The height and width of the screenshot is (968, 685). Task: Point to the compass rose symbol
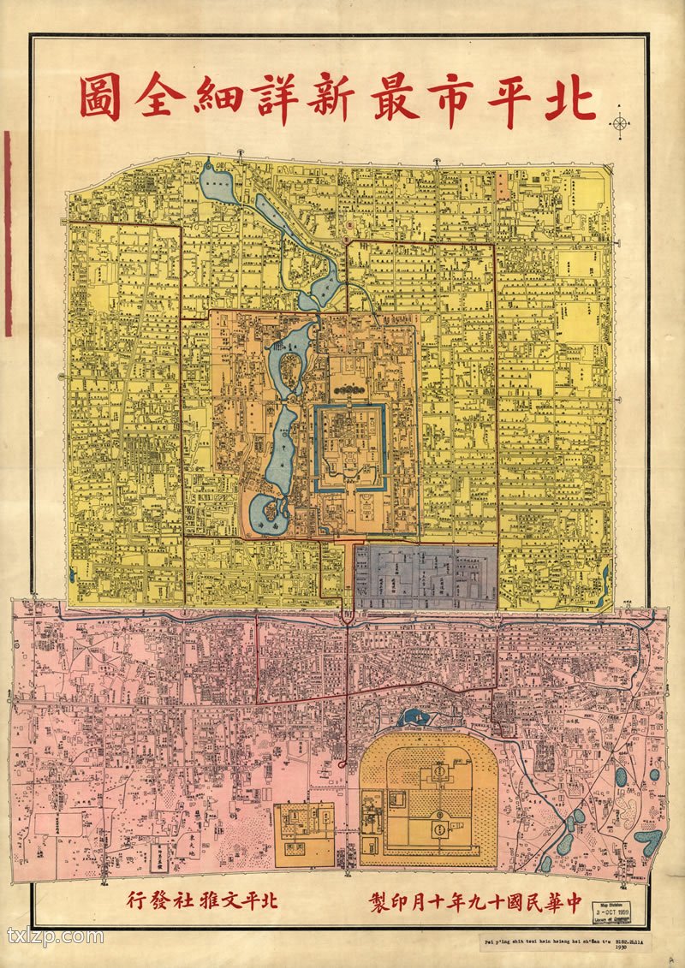[x=619, y=122]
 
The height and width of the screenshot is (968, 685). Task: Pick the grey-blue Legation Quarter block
[x=426, y=576]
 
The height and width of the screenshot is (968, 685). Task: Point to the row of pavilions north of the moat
[x=349, y=392]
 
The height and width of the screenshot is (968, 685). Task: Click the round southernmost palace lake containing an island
[x=271, y=510]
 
